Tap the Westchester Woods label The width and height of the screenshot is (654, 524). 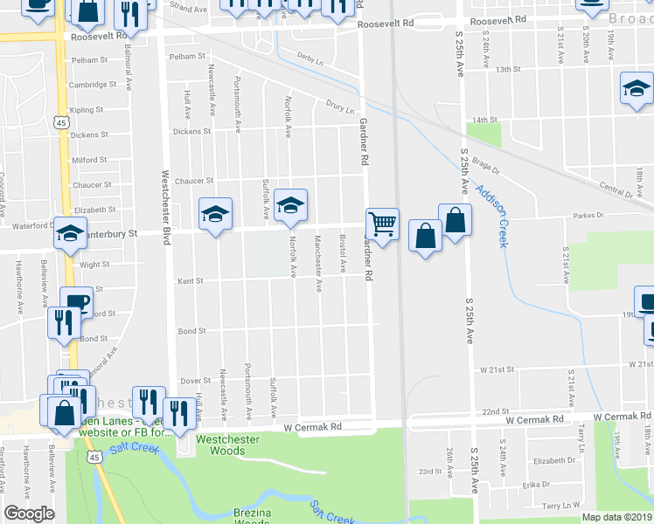click(228, 445)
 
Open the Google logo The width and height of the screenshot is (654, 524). click(29, 514)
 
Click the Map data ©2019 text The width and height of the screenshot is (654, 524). click(604, 517)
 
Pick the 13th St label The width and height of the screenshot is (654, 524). click(508, 69)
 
